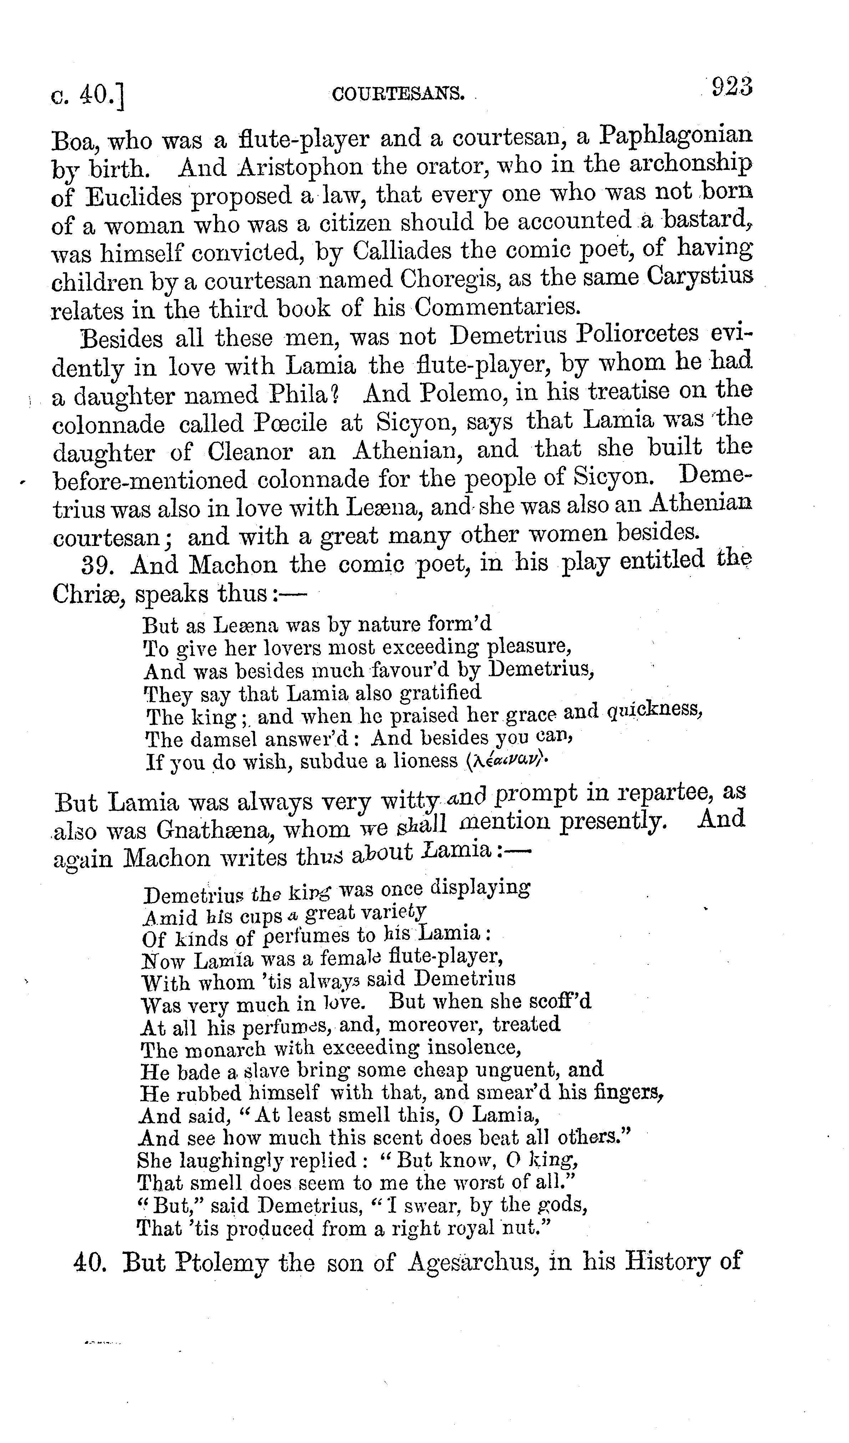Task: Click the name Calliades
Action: tap(401, 250)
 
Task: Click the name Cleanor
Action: tap(250, 452)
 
